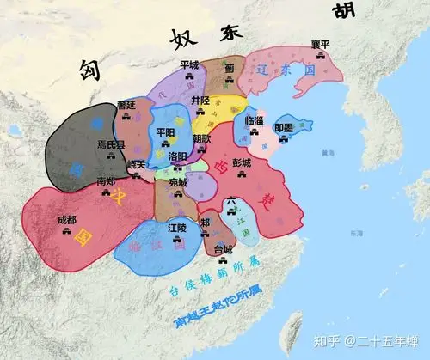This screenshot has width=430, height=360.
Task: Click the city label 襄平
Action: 320,44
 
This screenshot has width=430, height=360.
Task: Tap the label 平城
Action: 188,64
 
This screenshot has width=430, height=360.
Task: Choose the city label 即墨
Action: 284,127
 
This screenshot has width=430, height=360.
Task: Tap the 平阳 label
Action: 165,132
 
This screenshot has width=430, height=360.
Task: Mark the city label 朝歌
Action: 201,138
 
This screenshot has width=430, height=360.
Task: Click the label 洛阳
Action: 177,156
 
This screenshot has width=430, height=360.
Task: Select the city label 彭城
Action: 242,162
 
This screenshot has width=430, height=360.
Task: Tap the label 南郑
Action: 106,181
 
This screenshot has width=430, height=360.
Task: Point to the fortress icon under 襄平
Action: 320,55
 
